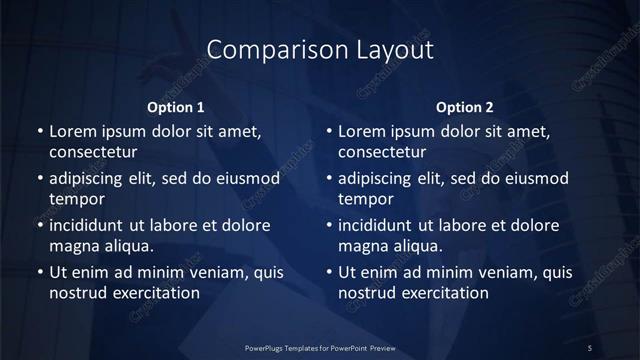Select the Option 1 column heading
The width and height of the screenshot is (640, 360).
(x=175, y=107)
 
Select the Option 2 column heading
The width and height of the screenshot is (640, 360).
(x=465, y=107)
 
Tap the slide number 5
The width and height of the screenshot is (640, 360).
(x=591, y=347)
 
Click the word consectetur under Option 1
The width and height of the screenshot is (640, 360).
(x=93, y=153)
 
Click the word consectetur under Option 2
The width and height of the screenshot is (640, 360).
(x=383, y=153)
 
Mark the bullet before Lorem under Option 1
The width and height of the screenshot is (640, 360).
(x=39, y=131)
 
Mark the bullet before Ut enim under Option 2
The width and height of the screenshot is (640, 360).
(x=329, y=271)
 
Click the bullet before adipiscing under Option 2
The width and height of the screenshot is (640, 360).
(x=329, y=179)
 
